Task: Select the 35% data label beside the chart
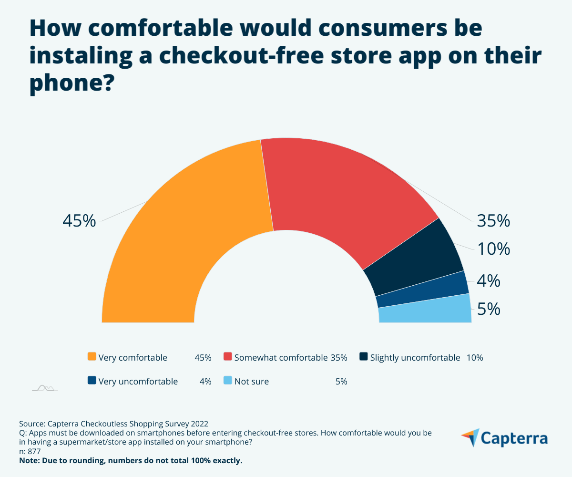(x=494, y=221)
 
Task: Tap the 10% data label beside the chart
(x=494, y=249)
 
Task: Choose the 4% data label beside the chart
(x=489, y=281)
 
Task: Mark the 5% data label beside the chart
(x=489, y=310)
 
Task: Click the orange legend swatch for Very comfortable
(x=92, y=357)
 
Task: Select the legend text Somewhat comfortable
(x=280, y=357)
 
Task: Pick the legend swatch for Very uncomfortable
(x=92, y=381)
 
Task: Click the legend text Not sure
(x=251, y=381)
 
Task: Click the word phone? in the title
(x=71, y=84)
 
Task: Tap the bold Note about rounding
(x=131, y=461)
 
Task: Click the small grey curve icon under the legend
(x=45, y=388)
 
